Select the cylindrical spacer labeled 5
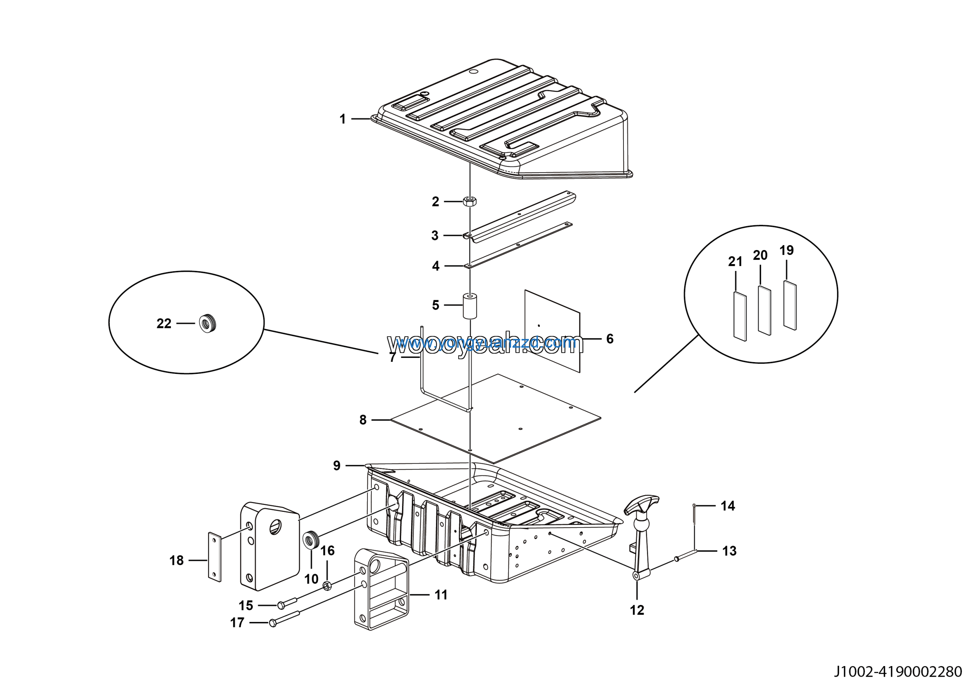(470, 306)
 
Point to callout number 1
(342, 119)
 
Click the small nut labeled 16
(327, 586)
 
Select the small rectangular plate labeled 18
(215, 557)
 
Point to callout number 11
(441, 595)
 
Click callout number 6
(610, 339)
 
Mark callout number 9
(336, 465)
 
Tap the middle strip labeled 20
(764, 310)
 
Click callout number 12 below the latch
(637, 610)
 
